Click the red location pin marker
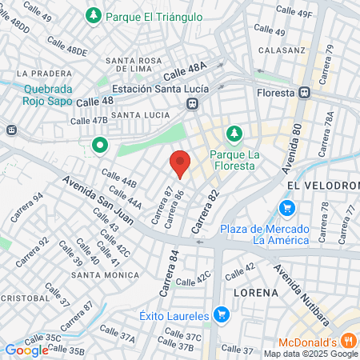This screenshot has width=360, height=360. point(180,163)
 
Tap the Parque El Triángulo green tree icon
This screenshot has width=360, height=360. point(94,15)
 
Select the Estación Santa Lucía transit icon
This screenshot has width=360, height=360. point(192,104)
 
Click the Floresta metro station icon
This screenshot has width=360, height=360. point(304,92)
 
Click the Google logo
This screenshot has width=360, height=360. point(26,350)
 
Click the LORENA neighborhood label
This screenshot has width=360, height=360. point(256,293)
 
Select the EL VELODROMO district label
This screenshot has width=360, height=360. point(322,185)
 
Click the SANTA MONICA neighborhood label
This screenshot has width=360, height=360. point(102,274)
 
